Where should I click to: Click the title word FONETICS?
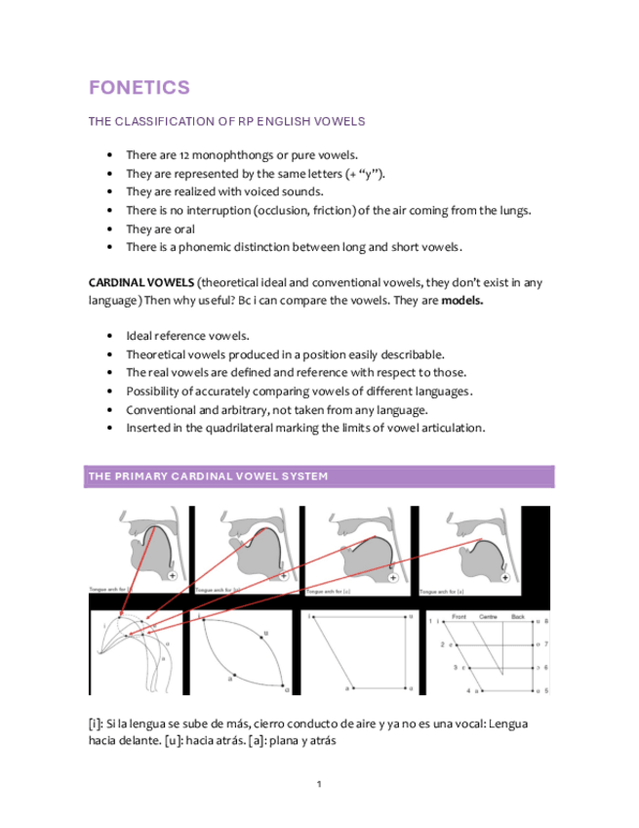[x=139, y=88]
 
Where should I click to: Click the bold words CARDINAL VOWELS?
[x=140, y=283]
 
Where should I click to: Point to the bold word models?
[x=461, y=301]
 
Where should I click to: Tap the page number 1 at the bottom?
[x=319, y=784]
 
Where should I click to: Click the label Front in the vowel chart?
[x=459, y=617]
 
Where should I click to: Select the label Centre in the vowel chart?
[x=488, y=617]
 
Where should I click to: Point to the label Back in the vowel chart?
[x=517, y=617]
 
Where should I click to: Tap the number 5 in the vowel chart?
[x=546, y=690]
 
